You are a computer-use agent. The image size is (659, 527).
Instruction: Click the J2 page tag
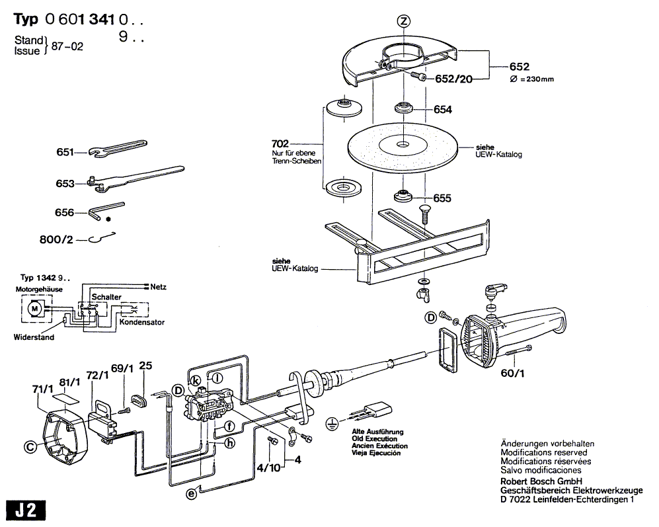pos(26,510)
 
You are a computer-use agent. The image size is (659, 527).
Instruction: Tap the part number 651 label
pos(65,152)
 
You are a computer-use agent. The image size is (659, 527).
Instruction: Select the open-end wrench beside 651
pos(118,149)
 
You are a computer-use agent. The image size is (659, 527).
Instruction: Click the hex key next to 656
pos(106,210)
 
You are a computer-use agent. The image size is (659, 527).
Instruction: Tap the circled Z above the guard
pos(403,21)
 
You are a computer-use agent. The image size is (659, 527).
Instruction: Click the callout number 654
pos(443,109)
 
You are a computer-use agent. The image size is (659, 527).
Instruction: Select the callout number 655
pos(442,198)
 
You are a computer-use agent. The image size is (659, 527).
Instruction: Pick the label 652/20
pos(453,79)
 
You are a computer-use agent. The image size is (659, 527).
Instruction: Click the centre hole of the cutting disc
pos(403,145)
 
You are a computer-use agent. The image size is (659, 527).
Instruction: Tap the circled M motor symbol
pos(34,309)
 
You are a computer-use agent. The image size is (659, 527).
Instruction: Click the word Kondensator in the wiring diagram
pos(141,322)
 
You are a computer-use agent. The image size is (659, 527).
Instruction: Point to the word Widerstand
pos(34,337)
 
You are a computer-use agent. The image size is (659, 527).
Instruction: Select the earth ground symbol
pos(332,424)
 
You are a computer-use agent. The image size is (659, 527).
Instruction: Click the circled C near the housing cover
pos(30,447)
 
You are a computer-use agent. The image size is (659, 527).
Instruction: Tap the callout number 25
pos(145,366)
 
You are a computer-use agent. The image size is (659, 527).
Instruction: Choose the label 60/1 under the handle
pos(512,373)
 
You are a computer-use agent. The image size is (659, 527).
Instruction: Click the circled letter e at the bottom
pos(191,493)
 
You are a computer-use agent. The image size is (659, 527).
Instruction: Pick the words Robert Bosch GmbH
pos(541,481)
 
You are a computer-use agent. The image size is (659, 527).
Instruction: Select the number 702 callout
pos(280,144)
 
